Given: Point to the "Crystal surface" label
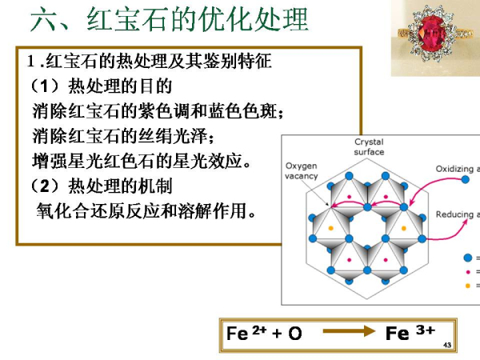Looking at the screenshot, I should point(369,147).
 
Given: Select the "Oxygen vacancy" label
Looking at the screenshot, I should point(302,171).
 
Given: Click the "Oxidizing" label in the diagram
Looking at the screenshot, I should point(457,169).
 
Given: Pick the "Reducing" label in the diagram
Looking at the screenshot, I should point(457,214).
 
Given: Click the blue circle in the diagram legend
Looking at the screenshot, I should point(468,258).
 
